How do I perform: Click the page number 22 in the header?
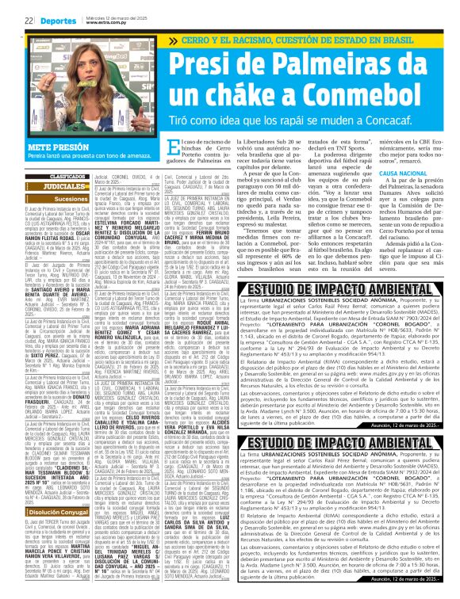point(26,21)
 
